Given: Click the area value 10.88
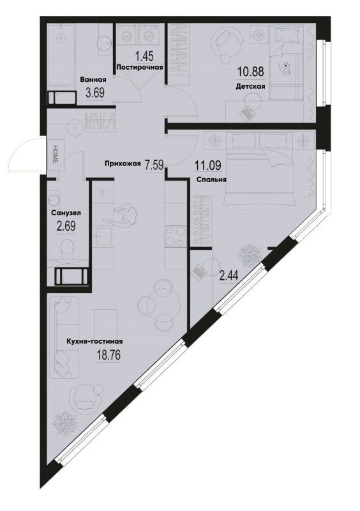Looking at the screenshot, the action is click(x=251, y=72).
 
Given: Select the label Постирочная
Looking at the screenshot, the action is click(x=139, y=68).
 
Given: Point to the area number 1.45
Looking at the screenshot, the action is click(x=144, y=56).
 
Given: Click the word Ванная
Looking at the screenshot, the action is click(x=93, y=79).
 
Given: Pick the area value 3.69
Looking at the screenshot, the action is click(x=95, y=93).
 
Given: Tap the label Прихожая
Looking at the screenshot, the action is click(x=123, y=164).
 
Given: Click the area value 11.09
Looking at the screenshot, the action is click(x=208, y=165).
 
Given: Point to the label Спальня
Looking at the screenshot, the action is click(x=211, y=179).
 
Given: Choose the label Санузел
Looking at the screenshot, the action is click(x=66, y=213).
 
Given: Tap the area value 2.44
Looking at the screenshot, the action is click(x=229, y=277).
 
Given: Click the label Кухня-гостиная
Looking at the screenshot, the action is click(x=94, y=341).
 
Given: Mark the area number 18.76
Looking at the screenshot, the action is click(x=109, y=355).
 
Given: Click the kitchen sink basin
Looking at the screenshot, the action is click(x=103, y=236).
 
